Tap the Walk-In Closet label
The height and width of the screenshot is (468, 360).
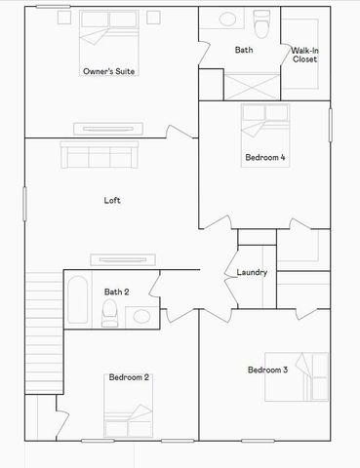coord(304,55)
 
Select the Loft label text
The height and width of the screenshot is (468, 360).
coord(112,201)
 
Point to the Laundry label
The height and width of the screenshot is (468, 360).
coord(252,272)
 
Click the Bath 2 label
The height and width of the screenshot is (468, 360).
coord(117,292)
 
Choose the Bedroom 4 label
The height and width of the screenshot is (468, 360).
coord(264,157)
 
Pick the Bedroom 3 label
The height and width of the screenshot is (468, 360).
coord(267,370)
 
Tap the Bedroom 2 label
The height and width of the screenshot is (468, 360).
coord(129,377)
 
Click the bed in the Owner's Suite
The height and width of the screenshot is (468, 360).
coord(108,27)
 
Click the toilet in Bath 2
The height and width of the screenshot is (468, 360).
coord(110,313)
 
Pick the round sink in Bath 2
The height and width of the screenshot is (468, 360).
coord(141,315)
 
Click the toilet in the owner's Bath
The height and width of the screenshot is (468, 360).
coord(260,21)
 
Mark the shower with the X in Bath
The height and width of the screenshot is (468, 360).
coord(253,86)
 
